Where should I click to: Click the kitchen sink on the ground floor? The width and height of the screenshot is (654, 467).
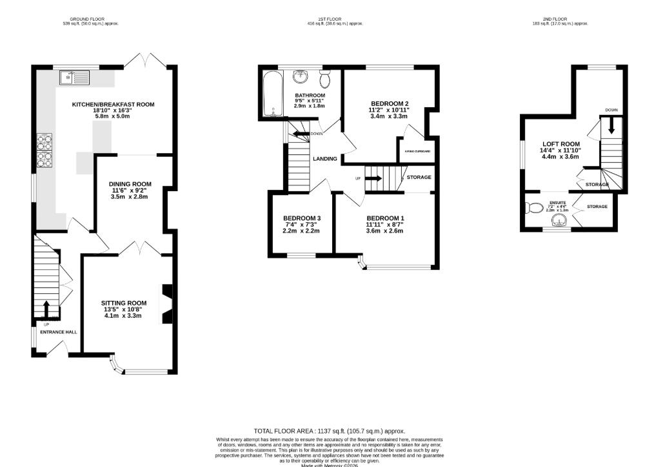tap(68, 78)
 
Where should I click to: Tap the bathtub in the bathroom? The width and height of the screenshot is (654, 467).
tap(270, 94)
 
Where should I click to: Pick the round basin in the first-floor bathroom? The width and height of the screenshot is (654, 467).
tap(300, 78)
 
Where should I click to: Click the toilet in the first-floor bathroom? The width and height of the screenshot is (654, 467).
tap(326, 80)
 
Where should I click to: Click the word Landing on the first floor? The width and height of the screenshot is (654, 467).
tap(325, 159)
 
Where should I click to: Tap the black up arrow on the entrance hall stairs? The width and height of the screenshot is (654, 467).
tap(46, 307)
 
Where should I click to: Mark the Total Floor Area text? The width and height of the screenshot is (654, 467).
tap(329, 431)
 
